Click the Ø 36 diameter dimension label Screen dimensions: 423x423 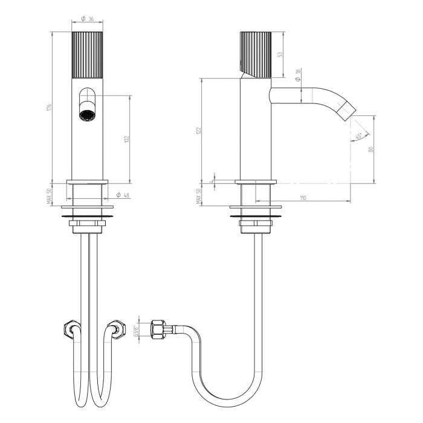click(x=88, y=19)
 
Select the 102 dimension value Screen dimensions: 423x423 click(x=126, y=139)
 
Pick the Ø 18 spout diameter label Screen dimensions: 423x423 click(x=297, y=74)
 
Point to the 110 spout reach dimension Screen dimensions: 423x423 click(x=303, y=198)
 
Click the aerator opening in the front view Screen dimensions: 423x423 click(x=87, y=113)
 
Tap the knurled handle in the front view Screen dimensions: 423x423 click(x=87, y=55)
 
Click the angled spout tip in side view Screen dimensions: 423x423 click(x=347, y=110)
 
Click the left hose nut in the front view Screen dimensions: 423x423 click(x=69, y=329)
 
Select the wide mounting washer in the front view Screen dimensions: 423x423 click(x=87, y=213)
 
